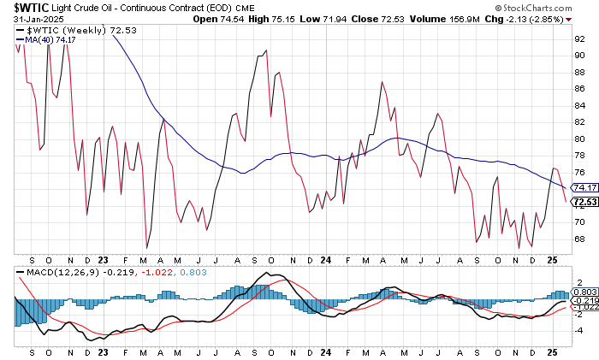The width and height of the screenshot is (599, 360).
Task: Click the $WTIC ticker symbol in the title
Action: (x=27, y=7)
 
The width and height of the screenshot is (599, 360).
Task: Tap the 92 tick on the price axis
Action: (x=579, y=38)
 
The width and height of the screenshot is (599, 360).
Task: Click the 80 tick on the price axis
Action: (x=579, y=139)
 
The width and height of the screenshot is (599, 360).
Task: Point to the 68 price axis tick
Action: (x=579, y=238)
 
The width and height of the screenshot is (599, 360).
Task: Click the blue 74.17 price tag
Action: (x=584, y=187)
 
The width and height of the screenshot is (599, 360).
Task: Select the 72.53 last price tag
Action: (x=584, y=202)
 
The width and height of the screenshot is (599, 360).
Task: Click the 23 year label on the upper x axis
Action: (x=104, y=257)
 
